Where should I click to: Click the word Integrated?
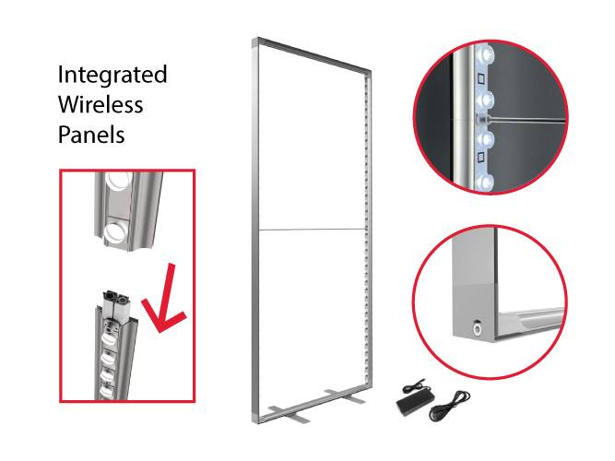click(x=112, y=76)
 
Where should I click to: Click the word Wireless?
click(x=101, y=104)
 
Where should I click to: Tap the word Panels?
click(x=91, y=135)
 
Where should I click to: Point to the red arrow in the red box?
click(x=163, y=301)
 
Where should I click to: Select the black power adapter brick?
click(x=415, y=397)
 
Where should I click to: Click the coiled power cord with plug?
click(x=449, y=406)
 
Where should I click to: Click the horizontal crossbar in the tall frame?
click(x=313, y=230)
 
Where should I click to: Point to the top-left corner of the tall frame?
click(x=253, y=39)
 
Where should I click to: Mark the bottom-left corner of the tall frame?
click(x=254, y=423)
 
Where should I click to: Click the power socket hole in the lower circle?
click(x=477, y=326)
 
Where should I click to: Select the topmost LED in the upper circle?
click(x=486, y=52)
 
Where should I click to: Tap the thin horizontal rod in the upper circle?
click(x=526, y=119)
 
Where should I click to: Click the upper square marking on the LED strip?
click(x=480, y=79)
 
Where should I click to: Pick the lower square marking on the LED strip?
click(x=480, y=158)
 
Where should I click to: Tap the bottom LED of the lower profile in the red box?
click(x=107, y=391)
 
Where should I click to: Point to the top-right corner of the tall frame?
click(x=370, y=72)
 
